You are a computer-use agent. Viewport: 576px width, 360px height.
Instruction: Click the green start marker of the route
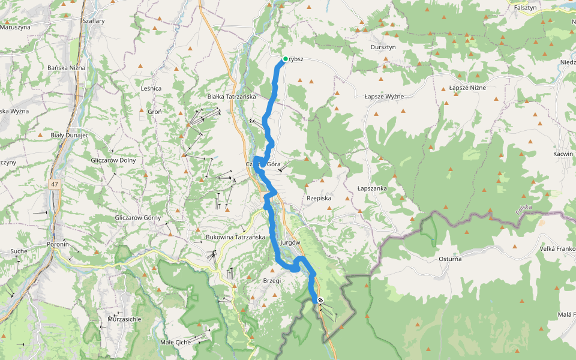(x=285, y=59)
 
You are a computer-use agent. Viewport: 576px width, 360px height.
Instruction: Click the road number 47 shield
(x=55, y=184)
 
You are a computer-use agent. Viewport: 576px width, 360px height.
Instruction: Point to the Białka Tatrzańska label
(x=232, y=97)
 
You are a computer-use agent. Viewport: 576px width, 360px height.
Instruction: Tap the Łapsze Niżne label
(x=467, y=88)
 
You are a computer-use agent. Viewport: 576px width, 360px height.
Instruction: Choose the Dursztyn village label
(x=383, y=47)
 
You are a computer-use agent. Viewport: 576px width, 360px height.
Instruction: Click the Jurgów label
(x=290, y=242)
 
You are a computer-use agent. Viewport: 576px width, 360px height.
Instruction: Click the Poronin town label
(x=58, y=245)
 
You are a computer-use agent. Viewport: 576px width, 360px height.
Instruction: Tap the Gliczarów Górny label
(x=137, y=218)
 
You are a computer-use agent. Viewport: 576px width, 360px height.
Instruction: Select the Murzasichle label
(x=124, y=319)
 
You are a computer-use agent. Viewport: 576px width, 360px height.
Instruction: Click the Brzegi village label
(x=272, y=280)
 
